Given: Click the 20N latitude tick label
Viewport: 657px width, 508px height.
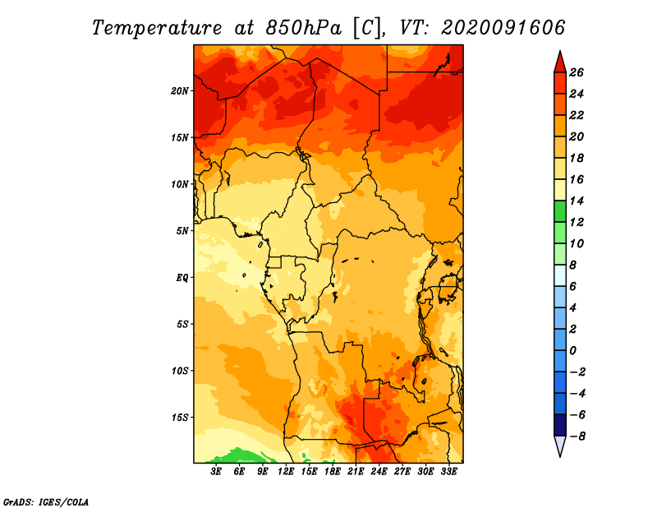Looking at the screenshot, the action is (x=179, y=91).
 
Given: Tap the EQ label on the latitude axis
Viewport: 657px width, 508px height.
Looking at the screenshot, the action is (x=181, y=278).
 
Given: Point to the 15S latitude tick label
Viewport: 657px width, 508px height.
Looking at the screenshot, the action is (x=179, y=418).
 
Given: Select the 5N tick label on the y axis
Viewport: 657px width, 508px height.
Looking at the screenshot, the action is (x=181, y=231).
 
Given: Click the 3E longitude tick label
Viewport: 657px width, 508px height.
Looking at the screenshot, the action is (x=216, y=472).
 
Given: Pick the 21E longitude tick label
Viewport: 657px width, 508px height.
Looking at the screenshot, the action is (x=356, y=472).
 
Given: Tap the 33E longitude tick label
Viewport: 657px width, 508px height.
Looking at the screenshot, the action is (x=448, y=472).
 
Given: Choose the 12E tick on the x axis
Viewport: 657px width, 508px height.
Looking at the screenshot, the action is (x=286, y=472).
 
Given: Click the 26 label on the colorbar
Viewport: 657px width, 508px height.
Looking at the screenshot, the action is (x=577, y=73).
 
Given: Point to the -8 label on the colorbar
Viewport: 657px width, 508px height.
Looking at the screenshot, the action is (x=577, y=436).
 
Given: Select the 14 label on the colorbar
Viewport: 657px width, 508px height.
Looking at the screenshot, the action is (x=577, y=201).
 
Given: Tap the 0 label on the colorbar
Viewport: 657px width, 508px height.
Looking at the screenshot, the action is (x=572, y=351).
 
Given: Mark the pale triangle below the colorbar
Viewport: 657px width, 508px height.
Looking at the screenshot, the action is (x=560, y=445).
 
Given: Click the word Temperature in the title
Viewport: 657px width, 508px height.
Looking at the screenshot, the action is (x=156, y=28).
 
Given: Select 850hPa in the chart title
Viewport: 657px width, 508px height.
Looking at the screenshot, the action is (x=303, y=28).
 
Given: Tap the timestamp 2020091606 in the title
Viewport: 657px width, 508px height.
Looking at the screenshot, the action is (x=503, y=28).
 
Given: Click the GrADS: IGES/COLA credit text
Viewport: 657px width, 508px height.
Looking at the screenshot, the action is (x=46, y=502).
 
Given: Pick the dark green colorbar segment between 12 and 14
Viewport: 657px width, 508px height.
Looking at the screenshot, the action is (x=560, y=212).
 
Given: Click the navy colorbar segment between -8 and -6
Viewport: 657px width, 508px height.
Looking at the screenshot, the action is (x=560, y=425).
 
